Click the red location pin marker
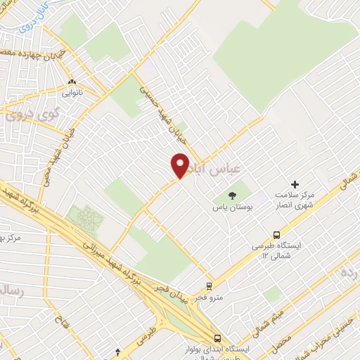(x=180, y=165)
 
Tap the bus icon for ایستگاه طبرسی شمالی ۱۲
(x=276, y=236)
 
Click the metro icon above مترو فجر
(x=208, y=285)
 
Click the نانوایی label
(x=72, y=93)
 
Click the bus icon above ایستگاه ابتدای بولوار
(x=218, y=337)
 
